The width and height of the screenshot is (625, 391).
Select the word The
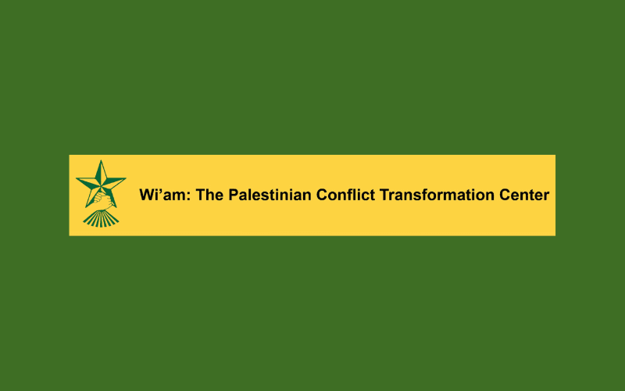coord(209,195)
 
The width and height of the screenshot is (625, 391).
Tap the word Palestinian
coord(270,195)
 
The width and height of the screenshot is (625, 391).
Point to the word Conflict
coord(345,195)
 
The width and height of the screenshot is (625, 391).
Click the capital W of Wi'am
coord(146,195)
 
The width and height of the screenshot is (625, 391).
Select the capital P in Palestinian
coord(233,195)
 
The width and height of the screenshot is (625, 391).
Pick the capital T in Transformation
coord(384,195)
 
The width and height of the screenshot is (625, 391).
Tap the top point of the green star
coord(101,161)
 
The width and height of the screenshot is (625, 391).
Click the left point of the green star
coord(77,179)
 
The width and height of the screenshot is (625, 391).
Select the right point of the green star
coord(125,178)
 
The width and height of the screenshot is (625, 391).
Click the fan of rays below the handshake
coord(101,219)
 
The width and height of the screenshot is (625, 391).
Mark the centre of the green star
coord(101,185)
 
